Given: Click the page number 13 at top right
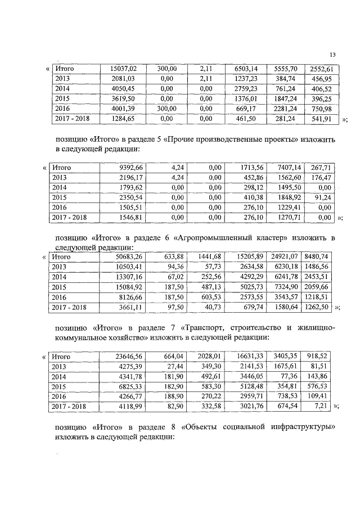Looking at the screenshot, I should pyautogui.click(x=332, y=55).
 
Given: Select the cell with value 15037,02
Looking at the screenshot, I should pyautogui.click(x=124, y=69).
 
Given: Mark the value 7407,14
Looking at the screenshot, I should pyautogui.click(x=290, y=167).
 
